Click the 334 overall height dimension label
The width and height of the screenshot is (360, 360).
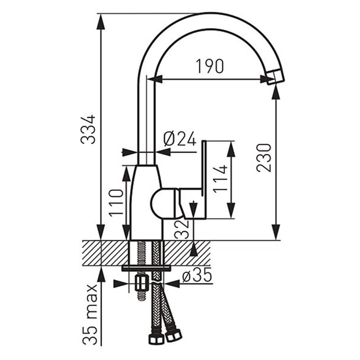pyautogui.click(x=88, y=130)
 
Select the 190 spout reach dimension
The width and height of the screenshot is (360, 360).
pyautogui.click(x=210, y=66)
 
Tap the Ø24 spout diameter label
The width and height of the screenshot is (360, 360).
pyautogui.click(x=180, y=139)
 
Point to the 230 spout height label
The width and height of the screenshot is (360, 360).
pyautogui.click(x=264, y=158)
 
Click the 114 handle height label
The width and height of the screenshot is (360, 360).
pyautogui.click(x=220, y=179)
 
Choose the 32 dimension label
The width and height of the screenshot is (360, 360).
pyautogui.click(x=182, y=229)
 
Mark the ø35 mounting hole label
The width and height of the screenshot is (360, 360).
pyautogui.click(x=197, y=275)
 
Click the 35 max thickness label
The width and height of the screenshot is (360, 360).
pyautogui.click(x=90, y=314)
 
